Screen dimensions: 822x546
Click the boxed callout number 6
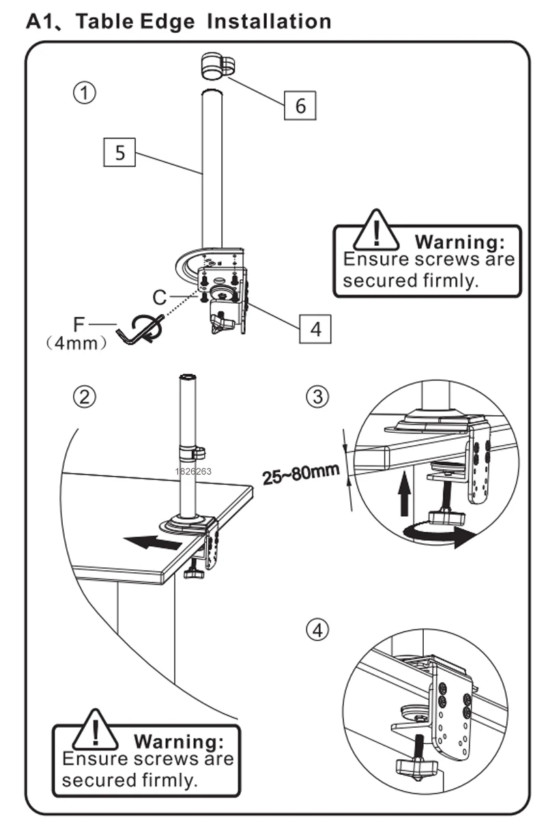coord(300,106)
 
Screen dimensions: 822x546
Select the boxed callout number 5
coord(120,152)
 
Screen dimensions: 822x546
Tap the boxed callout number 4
coord(315,329)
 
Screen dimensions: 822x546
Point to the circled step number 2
coord(85,397)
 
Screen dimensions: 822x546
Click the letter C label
coord(160,298)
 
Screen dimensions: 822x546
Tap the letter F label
coord(79,324)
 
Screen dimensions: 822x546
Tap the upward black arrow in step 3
coord(405,496)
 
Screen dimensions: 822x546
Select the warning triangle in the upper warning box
coord(376,230)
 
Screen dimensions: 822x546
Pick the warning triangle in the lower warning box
coord(97,730)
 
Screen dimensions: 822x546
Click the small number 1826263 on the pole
coord(193,471)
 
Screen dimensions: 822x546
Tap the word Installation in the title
coord(269,21)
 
